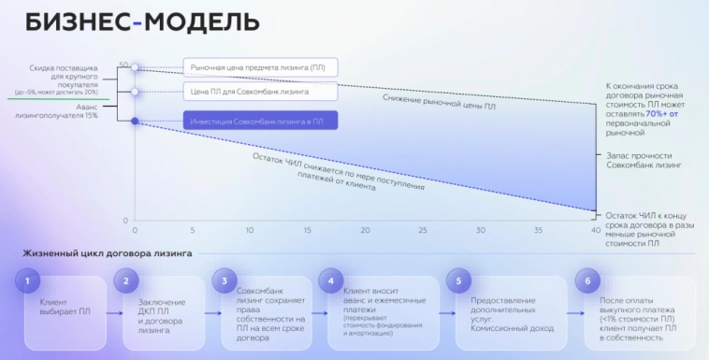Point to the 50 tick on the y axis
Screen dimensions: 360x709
tap(123, 65)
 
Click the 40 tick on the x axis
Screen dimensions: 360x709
tap(595, 230)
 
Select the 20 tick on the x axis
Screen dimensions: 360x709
tap(365, 230)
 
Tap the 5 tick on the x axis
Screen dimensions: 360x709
tap(193, 230)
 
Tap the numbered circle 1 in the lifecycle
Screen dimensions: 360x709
tap(29, 280)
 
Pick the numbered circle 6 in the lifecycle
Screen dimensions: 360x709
tap(586, 280)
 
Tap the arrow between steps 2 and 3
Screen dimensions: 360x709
tap(210, 314)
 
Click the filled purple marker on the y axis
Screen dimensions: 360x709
tap(135, 122)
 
